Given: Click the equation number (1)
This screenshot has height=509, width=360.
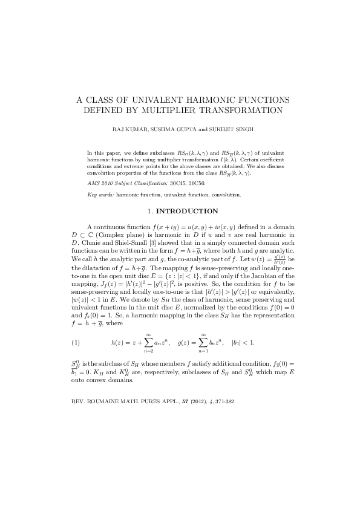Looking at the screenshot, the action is [x=76, y=343].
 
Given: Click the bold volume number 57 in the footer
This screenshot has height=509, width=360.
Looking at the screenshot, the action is [x=178, y=401].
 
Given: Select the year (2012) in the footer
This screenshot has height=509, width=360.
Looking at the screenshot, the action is [x=192, y=401].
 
